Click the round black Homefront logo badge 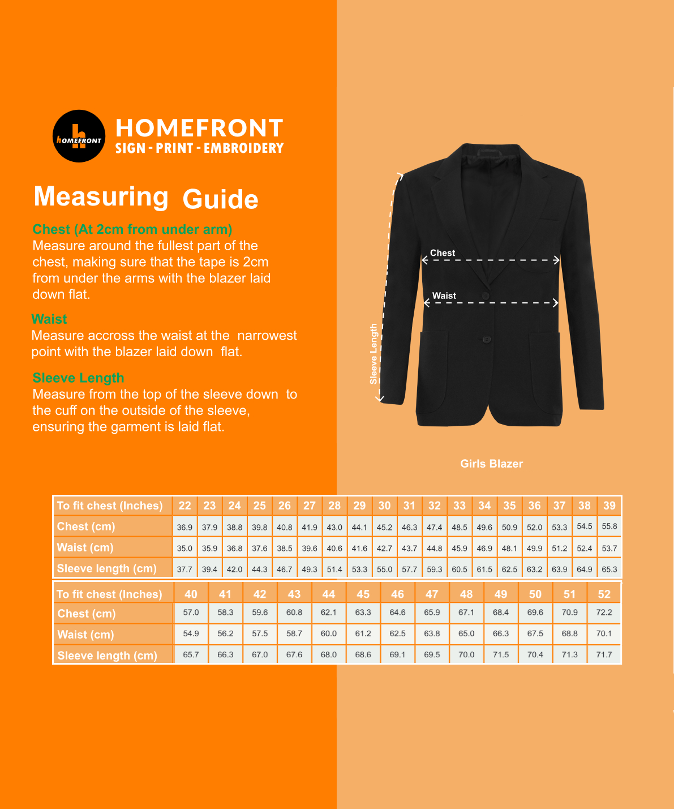click(79, 136)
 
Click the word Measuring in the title click(101, 197)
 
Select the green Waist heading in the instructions click(49, 319)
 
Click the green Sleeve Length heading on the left click(78, 378)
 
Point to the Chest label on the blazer click(442, 253)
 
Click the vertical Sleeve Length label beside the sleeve click(374, 354)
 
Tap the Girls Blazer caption click(491, 464)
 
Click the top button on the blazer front click(485, 296)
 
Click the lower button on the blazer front click(486, 339)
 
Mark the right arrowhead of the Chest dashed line click(557, 260)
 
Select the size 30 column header click(384, 506)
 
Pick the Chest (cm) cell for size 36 click(534, 527)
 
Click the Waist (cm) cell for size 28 click(334, 548)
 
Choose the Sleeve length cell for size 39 click(609, 569)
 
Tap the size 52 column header click(604, 594)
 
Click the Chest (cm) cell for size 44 click(328, 613)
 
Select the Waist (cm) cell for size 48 click(466, 633)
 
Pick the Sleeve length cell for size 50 click(535, 654)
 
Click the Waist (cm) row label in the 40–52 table click(85, 635)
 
